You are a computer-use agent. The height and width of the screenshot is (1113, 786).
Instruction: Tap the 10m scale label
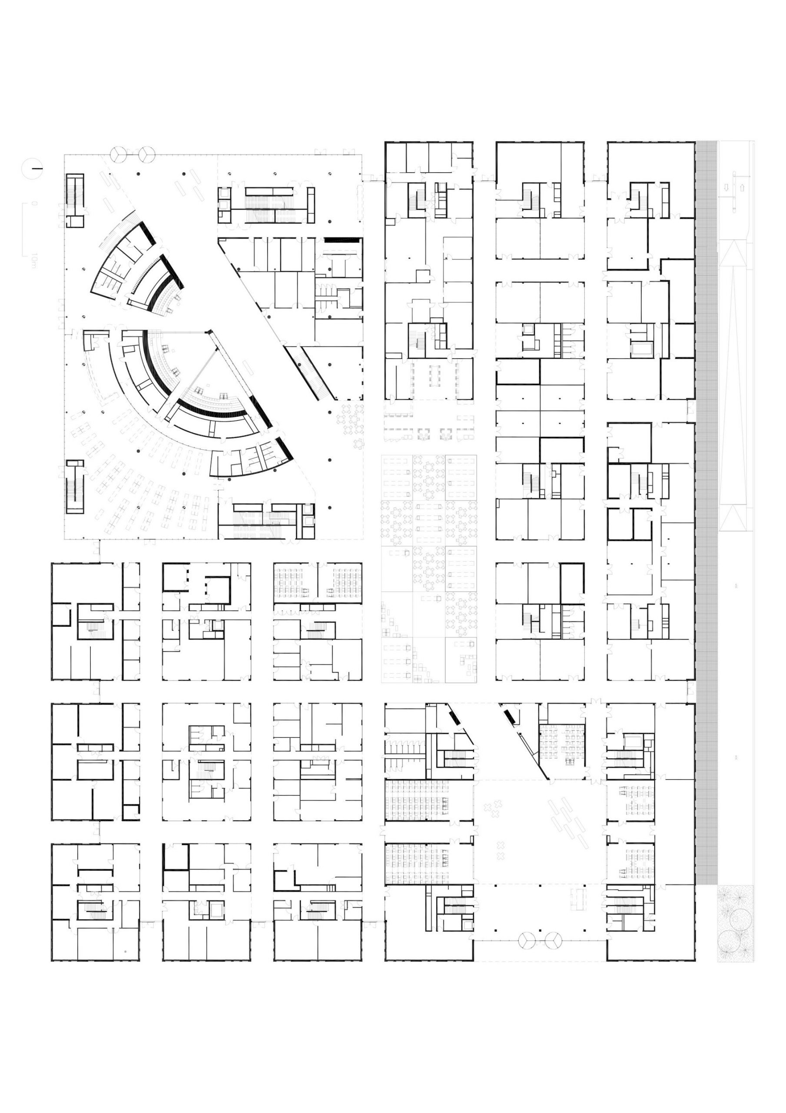click(33, 260)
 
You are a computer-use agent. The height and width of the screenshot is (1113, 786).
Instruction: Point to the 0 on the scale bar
click(33, 203)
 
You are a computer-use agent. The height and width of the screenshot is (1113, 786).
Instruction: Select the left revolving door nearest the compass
click(118, 155)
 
